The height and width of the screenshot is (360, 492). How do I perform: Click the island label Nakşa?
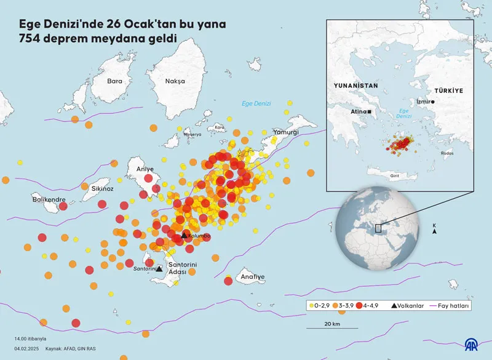pos(175,81)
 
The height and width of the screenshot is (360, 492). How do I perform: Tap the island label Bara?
pos(115,81)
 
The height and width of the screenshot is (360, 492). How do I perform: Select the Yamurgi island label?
pos(286,132)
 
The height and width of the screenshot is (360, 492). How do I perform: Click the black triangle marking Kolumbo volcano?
pos(183,236)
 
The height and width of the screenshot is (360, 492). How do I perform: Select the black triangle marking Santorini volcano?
pos(159,268)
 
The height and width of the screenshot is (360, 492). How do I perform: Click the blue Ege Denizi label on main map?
pos(256,103)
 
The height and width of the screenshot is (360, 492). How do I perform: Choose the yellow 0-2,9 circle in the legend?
pos(312,305)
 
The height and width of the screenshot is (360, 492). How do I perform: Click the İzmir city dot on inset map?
pos(433,102)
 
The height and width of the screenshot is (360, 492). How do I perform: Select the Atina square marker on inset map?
pos(369,111)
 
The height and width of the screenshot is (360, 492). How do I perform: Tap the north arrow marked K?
pos(435,230)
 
